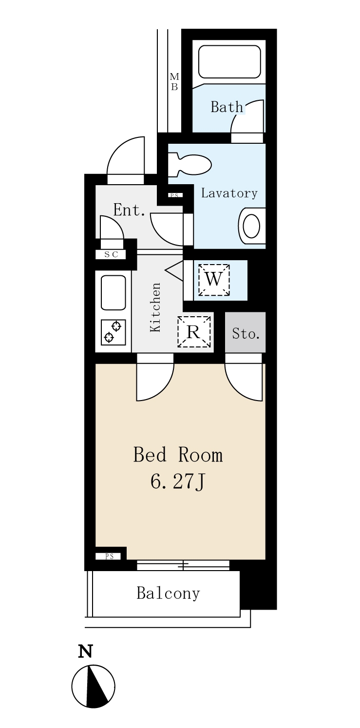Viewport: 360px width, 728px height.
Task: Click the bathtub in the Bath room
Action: [229, 61]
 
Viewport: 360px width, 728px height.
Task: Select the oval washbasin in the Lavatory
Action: [251, 226]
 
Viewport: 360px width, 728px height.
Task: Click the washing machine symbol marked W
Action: [214, 280]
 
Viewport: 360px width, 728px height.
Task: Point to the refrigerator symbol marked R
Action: [193, 332]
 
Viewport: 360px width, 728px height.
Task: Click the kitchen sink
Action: [113, 292]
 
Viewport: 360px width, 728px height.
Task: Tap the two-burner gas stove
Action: [113, 332]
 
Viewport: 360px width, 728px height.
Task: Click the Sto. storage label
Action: [246, 334]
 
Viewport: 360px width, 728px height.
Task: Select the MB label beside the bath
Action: [174, 81]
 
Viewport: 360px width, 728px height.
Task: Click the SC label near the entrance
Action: [111, 254]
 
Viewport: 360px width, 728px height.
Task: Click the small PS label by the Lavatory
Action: [175, 195]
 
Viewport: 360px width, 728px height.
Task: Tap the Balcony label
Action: [168, 594]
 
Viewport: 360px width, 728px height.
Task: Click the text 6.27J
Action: [178, 482]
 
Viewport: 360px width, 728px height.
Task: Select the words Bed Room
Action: [178, 455]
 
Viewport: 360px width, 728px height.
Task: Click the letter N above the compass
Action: [86, 651]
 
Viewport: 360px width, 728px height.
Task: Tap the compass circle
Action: [93, 686]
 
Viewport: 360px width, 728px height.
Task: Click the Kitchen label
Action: [155, 307]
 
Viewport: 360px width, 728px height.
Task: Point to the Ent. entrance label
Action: [130, 210]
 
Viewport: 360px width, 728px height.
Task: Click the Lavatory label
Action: [229, 193]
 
